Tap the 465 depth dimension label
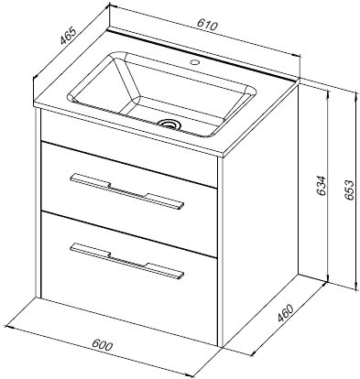(x=68, y=37)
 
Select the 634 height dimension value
(x=321, y=187)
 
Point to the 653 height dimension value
(x=350, y=189)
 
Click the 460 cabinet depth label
(x=285, y=313)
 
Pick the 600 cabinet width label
(x=103, y=344)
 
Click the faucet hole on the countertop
(x=194, y=63)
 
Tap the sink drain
(x=170, y=124)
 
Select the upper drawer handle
(x=127, y=192)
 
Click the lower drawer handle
(x=127, y=261)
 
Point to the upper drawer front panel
(x=129, y=200)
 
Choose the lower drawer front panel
(x=129, y=278)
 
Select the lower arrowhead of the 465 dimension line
(x=36, y=77)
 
